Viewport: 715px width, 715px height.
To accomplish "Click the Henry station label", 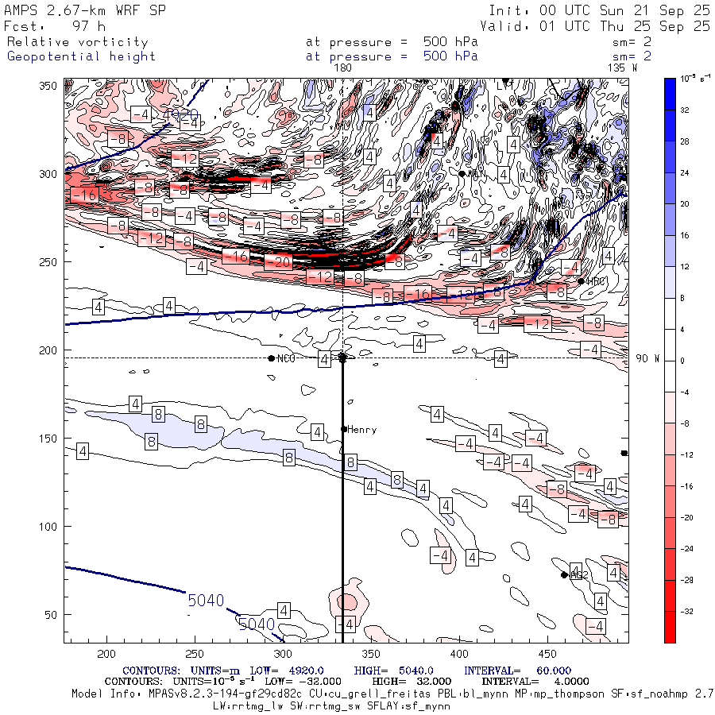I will point(361,430).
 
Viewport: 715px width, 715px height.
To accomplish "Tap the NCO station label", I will point(286,359).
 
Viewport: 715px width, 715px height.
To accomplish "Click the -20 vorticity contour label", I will point(278,261).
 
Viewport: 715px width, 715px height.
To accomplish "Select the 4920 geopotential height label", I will point(181,116).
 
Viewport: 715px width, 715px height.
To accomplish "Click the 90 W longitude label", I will point(647,358).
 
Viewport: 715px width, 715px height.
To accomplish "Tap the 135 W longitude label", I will point(622,68).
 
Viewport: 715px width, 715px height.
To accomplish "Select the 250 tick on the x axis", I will point(194,653).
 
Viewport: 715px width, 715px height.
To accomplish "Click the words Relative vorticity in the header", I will point(77,42).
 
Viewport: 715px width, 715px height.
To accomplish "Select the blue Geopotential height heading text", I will point(81,56).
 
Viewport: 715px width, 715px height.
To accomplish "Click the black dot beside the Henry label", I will point(344,429).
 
